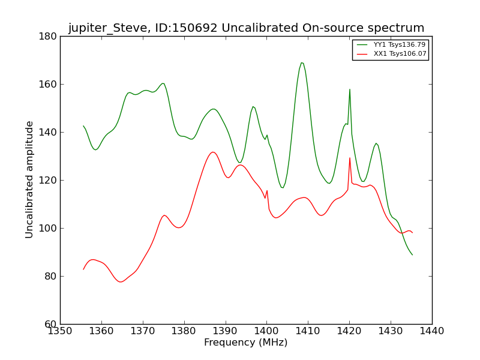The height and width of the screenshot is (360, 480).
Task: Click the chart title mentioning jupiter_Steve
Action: pyautogui.click(x=246, y=28)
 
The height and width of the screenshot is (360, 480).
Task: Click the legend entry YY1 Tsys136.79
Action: pyautogui.click(x=399, y=44)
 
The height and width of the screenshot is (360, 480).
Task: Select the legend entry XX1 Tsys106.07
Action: pyautogui.click(x=400, y=54)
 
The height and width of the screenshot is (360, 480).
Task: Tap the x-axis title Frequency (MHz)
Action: pyautogui.click(x=246, y=343)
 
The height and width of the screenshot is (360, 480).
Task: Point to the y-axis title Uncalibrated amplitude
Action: pyautogui.click(x=30, y=179)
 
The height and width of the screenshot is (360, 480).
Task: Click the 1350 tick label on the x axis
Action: pyautogui.click(x=60, y=331)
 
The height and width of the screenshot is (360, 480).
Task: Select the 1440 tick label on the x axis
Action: pyautogui.click(x=432, y=331)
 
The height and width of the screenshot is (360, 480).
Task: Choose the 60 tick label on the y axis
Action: pyautogui.click(x=50, y=324)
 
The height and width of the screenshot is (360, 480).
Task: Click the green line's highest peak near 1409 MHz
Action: pyautogui.click(x=302, y=62)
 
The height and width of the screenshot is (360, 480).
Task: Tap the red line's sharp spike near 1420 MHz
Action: pyautogui.click(x=350, y=158)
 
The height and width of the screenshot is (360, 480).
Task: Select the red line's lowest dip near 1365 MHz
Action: pyautogui.click(x=121, y=282)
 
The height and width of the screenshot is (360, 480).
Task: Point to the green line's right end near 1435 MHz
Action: pyautogui.click(x=412, y=255)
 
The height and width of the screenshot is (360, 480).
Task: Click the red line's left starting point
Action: pyautogui.click(x=83, y=269)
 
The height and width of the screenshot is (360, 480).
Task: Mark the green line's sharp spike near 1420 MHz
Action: pyautogui.click(x=350, y=89)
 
